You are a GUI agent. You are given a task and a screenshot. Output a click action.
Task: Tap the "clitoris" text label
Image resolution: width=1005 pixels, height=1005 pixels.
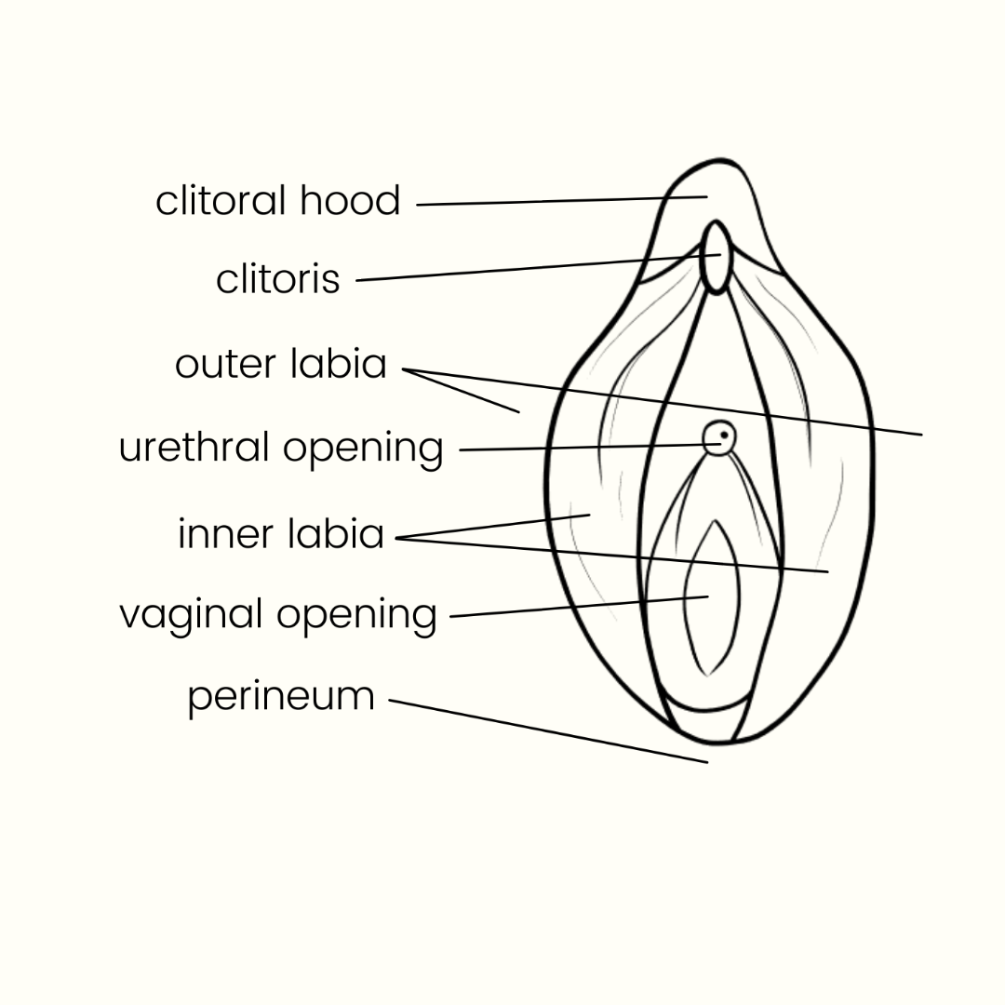[x=277, y=279]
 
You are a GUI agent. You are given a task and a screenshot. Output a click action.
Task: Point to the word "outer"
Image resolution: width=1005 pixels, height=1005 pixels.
[x=224, y=365]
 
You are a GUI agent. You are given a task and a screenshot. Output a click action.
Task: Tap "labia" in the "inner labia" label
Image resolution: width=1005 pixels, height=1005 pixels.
[x=336, y=534]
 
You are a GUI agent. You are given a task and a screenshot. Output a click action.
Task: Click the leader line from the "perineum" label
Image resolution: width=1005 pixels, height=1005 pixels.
[x=549, y=731]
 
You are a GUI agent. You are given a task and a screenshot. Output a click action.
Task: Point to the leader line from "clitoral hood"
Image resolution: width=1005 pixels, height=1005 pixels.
[x=558, y=201]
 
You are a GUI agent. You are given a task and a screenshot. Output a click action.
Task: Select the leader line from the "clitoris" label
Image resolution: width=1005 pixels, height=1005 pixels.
[x=530, y=268]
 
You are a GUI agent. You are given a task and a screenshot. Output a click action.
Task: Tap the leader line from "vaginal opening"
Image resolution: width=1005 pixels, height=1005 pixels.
[x=577, y=607]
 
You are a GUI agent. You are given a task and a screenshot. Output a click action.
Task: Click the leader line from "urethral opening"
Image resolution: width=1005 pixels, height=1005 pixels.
[x=586, y=448]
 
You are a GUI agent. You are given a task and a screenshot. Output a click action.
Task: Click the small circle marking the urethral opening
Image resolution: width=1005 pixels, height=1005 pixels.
[x=718, y=437]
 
